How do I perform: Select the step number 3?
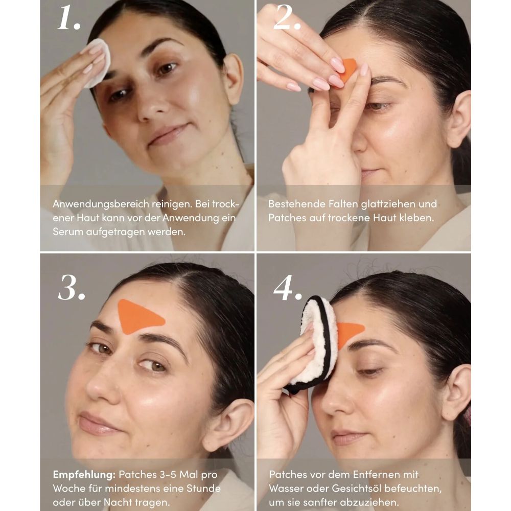click(x=71, y=289)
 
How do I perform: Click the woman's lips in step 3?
click(x=95, y=424)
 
